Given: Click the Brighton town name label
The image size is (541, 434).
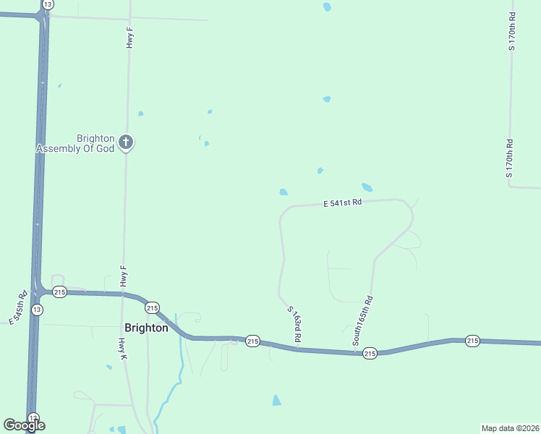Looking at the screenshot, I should click(146, 327).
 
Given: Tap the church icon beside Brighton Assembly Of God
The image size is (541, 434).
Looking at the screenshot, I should click(126, 142).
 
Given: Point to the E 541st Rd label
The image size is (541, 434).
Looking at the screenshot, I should click(342, 204).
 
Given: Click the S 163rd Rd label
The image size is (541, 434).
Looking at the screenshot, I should click(294, 324).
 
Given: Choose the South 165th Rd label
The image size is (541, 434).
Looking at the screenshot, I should click(362, 320).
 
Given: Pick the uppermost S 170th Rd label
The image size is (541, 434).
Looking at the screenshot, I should click(511, 31).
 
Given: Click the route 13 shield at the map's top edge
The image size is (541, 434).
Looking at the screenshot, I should click(48, 4).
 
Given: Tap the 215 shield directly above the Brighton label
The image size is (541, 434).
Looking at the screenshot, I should click(152, 307).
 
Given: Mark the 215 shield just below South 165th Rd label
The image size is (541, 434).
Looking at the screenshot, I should click(370, 353).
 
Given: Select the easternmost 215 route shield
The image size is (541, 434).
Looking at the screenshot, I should click(472, 341).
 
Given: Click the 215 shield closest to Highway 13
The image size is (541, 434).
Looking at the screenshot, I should click(59, 292).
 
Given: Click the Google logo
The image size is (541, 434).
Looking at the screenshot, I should click(24, 425).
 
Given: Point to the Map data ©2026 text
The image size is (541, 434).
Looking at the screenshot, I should click(510, 427).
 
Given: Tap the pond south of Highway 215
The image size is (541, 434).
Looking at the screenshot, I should click(276, 399).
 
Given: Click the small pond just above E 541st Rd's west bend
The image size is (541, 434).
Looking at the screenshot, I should click(284, 192).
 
